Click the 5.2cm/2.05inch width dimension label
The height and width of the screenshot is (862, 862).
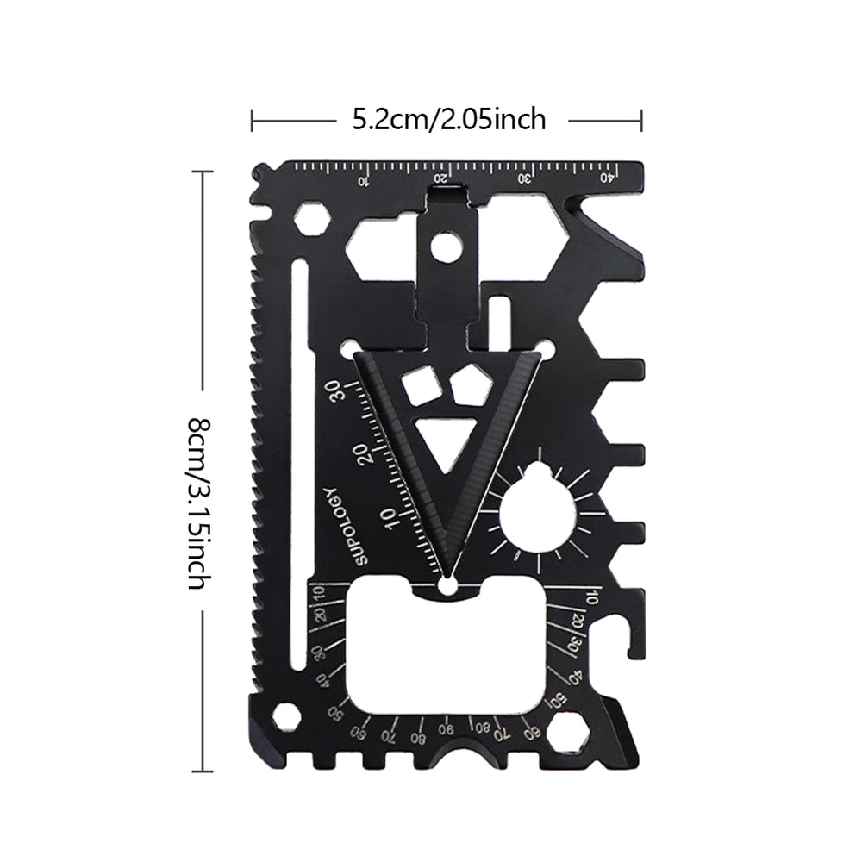tap(449, 119)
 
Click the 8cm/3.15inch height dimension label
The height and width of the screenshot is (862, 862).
tap(197, 503)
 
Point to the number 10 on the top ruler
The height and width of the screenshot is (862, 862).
tap(363, 181)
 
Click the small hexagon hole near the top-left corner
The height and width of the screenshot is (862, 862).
tap(311, 219)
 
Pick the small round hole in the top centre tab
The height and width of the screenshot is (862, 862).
tap(446, 247)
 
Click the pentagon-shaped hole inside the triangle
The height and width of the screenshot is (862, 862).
tap(471, 384)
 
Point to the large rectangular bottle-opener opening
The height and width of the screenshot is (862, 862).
tap(447, 646)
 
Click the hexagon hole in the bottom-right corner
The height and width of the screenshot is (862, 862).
tap(566, 734)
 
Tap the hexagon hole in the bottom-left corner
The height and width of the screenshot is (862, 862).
tap(287, 717)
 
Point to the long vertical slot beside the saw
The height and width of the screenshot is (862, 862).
tap(299, 465)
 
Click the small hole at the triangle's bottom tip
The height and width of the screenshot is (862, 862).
tap(447, 586)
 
